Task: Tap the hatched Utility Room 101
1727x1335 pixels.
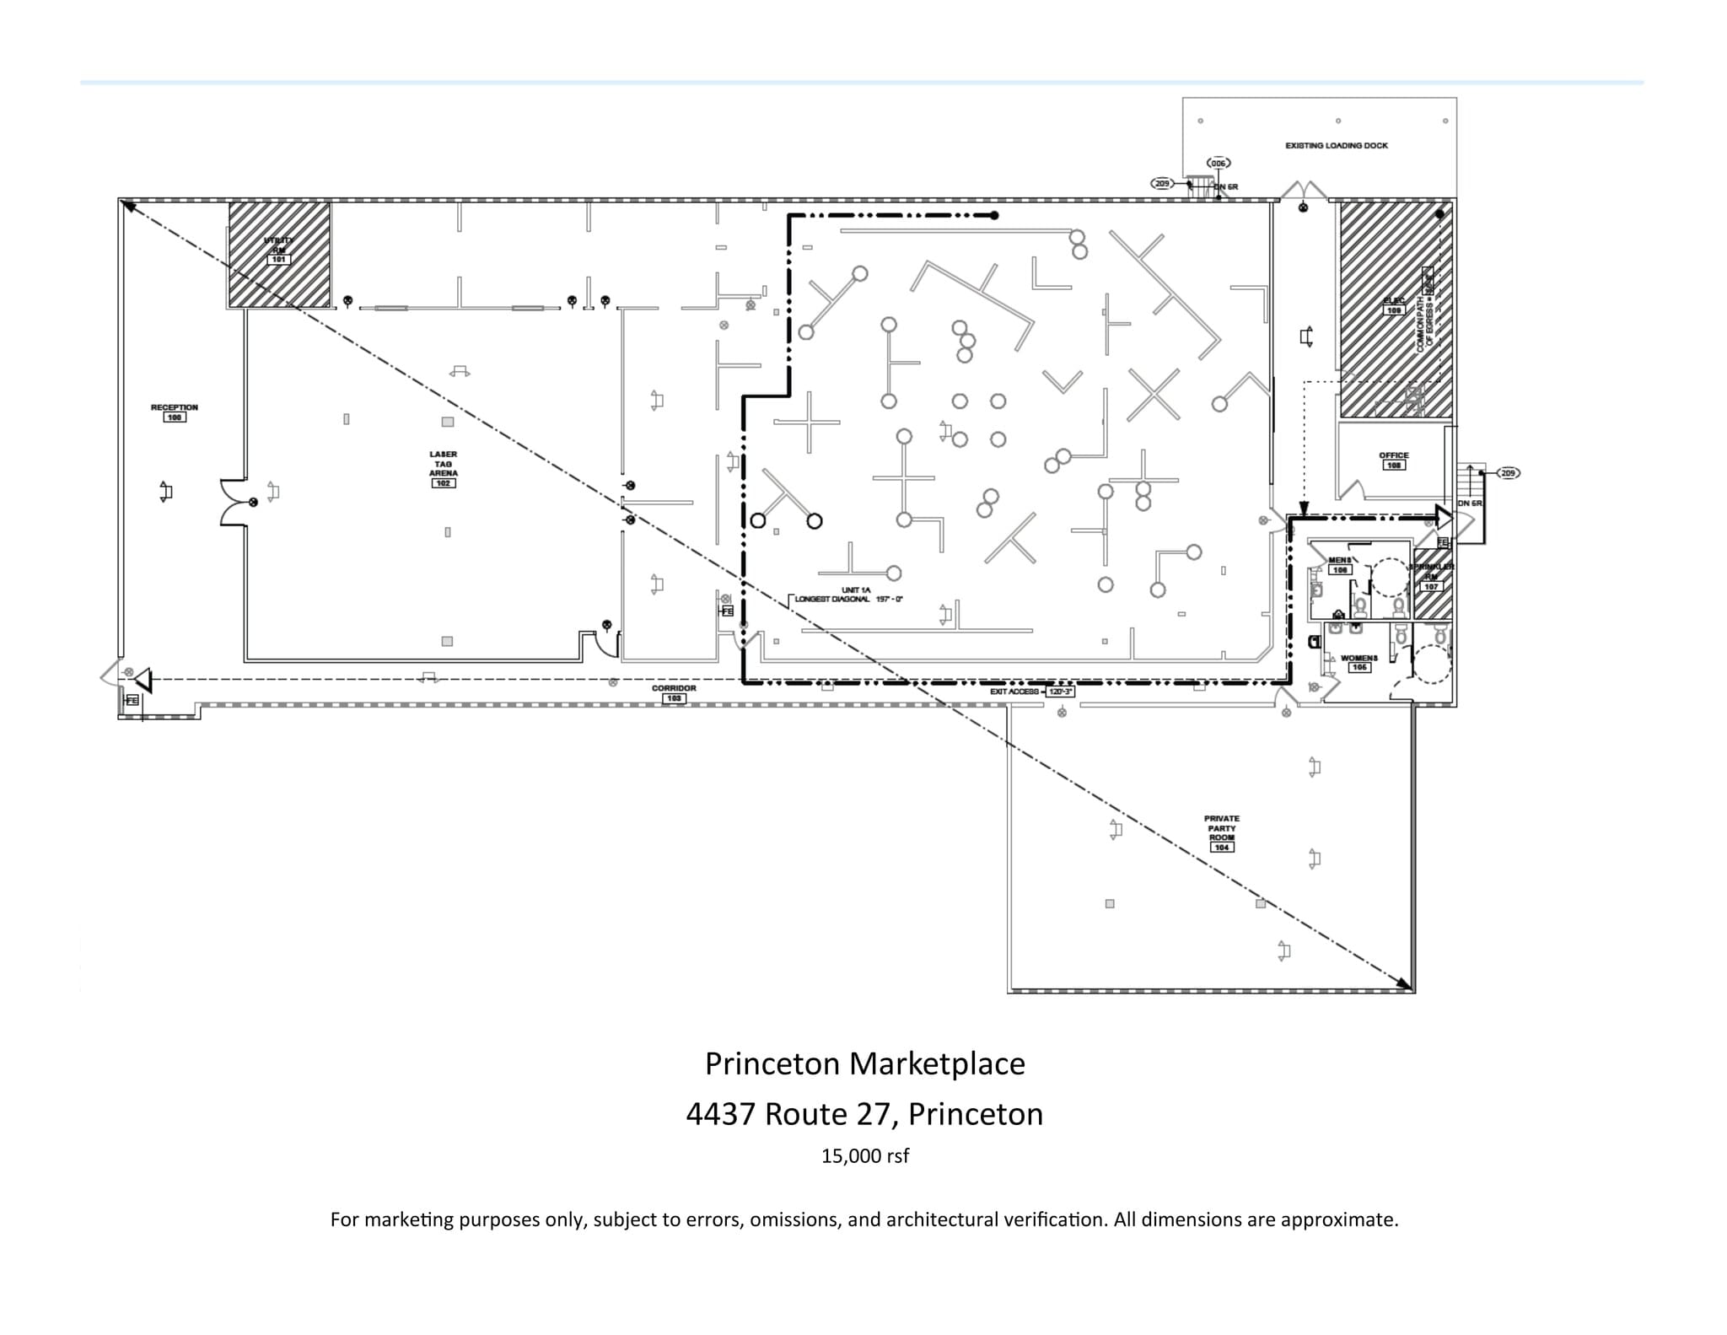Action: (x=279, y=254)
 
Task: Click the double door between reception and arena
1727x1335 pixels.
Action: (x=234, y=503)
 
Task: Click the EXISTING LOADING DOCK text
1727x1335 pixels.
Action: (x=1336, y=146)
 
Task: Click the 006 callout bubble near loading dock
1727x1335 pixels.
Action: (x=1218, y=163)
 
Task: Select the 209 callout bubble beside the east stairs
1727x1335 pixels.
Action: (x=1508, y=473)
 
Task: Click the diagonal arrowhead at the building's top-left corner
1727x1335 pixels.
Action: (x=128, y=205)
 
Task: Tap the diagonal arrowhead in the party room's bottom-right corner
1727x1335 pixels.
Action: (x=1405, y=984)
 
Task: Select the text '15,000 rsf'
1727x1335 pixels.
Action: (x=864, y=1156)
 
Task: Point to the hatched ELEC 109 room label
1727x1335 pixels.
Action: (x=1394, y=305)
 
